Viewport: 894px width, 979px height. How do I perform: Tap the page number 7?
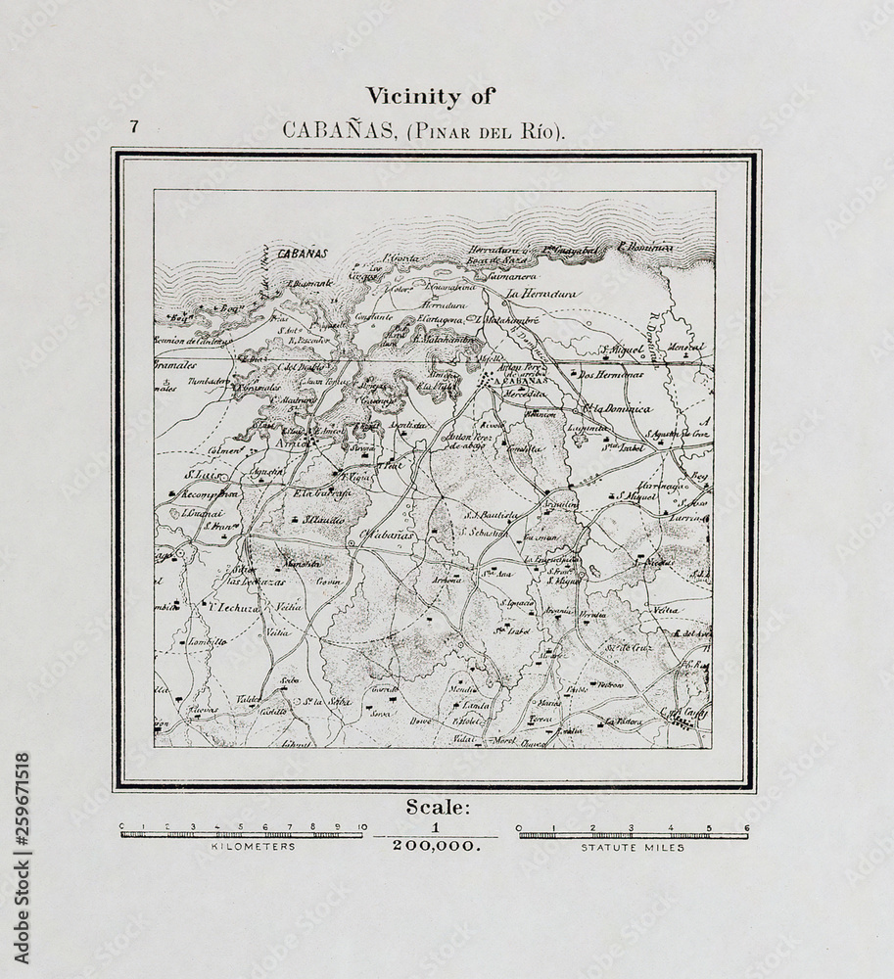(x=132, y=126)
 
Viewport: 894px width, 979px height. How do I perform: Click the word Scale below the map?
(x=438, y=808)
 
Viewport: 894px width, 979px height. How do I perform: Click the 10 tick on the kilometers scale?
(x=362, y=827)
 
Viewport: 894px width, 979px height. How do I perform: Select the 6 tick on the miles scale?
(x=746, y=827)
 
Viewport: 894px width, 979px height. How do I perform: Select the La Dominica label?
(x=617, y=409)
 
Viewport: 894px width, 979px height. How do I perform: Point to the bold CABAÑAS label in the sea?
(x=300, y=253)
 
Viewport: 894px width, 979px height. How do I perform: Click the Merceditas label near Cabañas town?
(x=525, y=393)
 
